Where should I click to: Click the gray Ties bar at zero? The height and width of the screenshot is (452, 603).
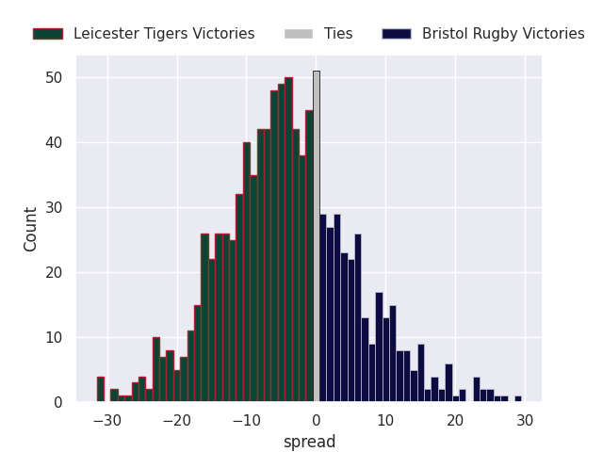[317, 236]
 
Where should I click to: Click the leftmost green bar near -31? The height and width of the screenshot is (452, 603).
[101, 390]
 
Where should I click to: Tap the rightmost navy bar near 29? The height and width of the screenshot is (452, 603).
[517, 399]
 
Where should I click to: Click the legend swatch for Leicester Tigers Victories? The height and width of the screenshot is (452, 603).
[47, 34]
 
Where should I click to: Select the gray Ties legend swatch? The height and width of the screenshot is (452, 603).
[299, 34]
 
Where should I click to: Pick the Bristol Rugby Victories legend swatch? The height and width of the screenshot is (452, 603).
[397, 34]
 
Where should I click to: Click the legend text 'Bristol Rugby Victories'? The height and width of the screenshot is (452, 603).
[503, 34]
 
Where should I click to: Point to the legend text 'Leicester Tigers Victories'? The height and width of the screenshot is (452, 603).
[164, 34]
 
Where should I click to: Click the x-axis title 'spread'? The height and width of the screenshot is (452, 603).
[309, 442]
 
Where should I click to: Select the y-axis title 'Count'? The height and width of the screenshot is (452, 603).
[31, 229]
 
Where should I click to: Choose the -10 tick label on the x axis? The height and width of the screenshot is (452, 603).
[246, 419]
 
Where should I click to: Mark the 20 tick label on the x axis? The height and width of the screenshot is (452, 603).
[455, 419]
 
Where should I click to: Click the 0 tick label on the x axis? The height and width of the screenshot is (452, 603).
[316, 419]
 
